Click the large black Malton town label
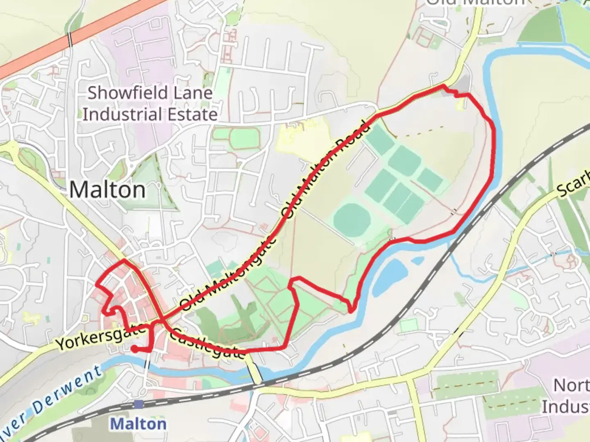[107, 190]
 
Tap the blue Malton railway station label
[138, 424]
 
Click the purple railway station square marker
[138, 404]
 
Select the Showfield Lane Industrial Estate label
[150, 104]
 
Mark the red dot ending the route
[134, 349]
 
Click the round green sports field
[349, 219]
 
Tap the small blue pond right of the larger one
[417, 260]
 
